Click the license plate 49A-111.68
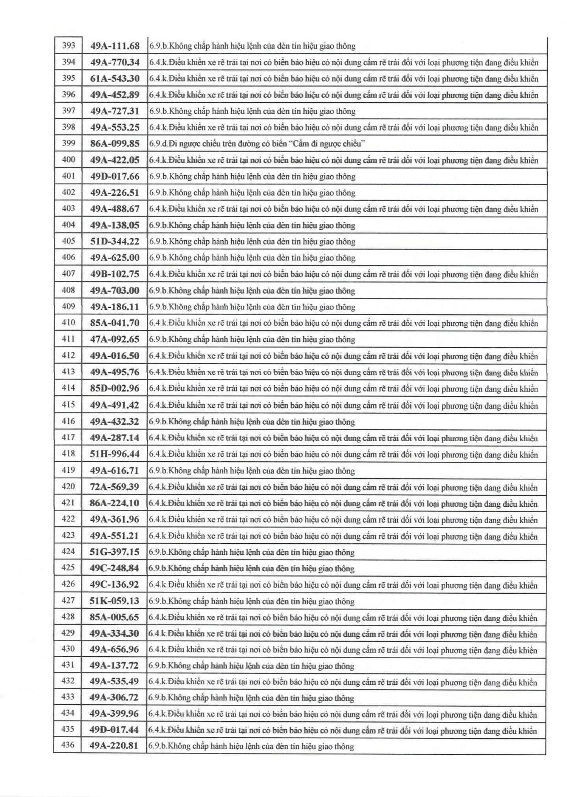point(115,46)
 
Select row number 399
point(69,143)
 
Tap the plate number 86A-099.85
point(115,143)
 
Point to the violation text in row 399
point(257,143)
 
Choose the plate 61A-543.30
point(115,78)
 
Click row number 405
point(69,241)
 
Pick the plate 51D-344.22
point(115,241)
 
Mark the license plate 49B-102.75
point(115,274)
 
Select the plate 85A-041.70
point(115,323)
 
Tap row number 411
point(69,338)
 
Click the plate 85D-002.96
point(115,388)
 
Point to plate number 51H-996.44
point(115,454)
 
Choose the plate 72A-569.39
point(115,487)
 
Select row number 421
point(68,502)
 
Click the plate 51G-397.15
point(115,552)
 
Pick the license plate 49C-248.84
point(115,568)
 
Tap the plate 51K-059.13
point(115,601)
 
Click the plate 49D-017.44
point(114,730)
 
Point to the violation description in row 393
point(252,46)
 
